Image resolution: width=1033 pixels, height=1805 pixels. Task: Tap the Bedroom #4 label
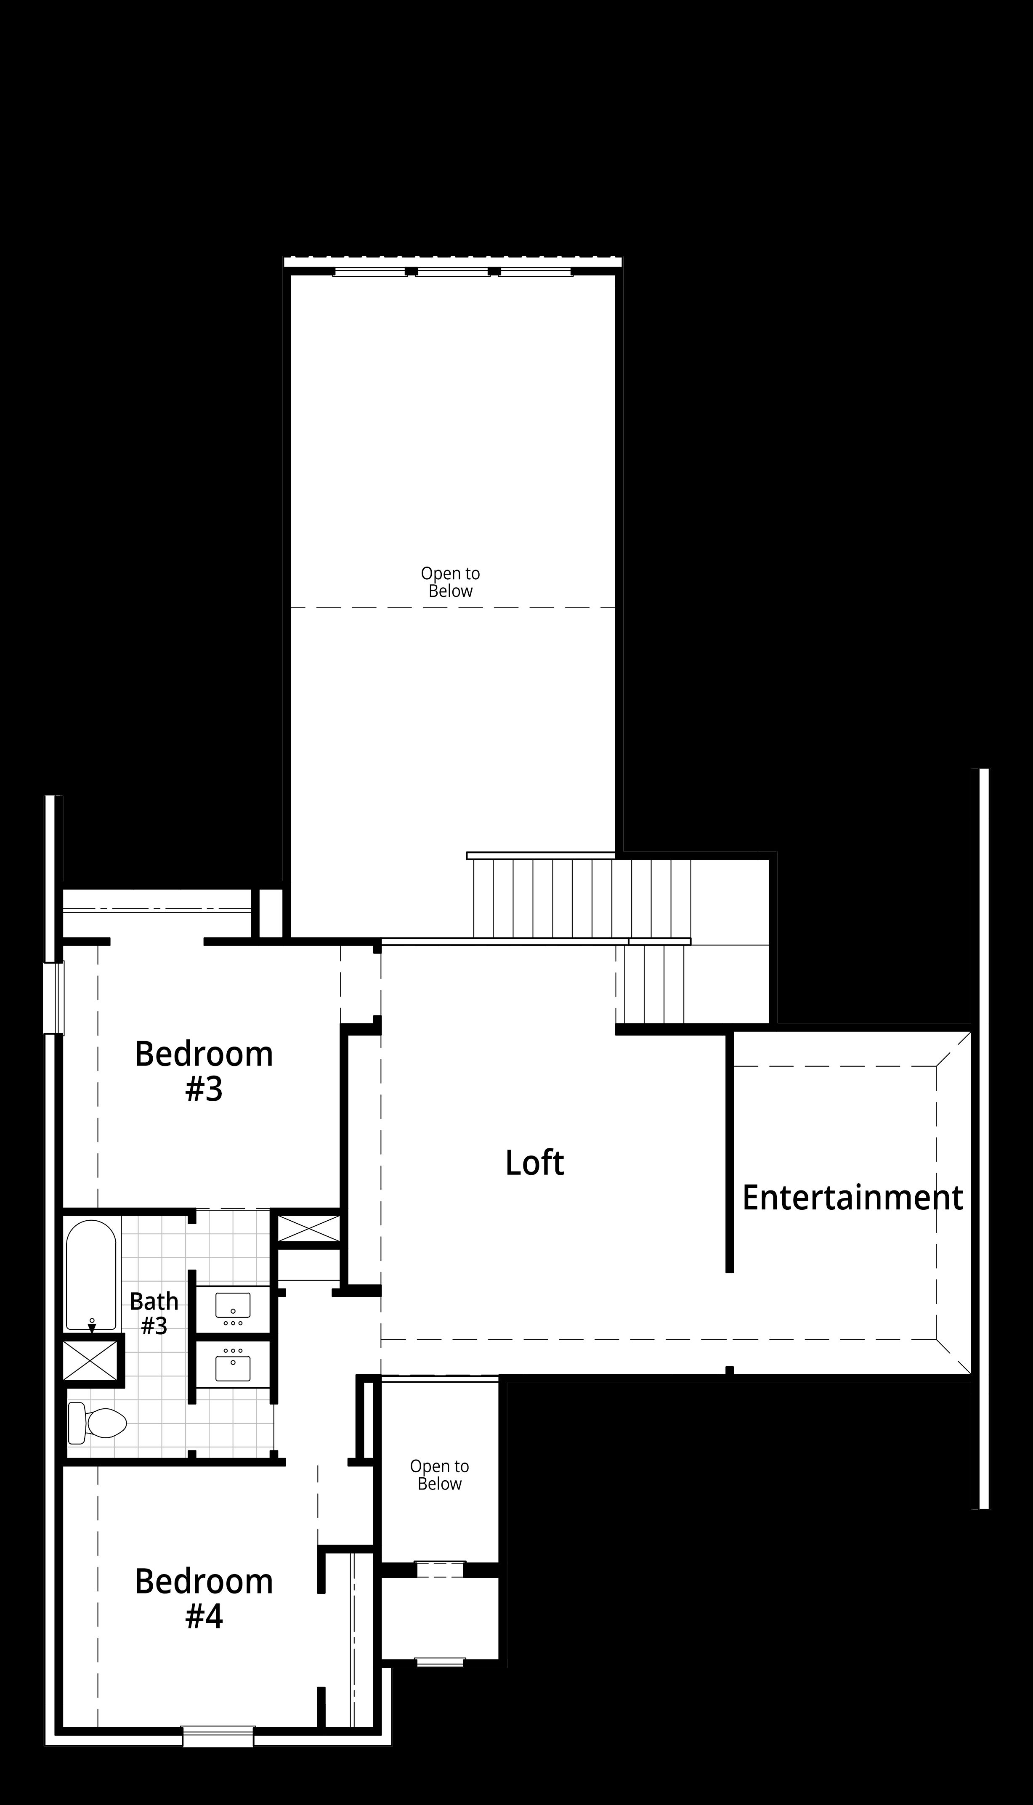(204, 1599)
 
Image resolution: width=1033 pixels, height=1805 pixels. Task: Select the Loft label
(534, 1163)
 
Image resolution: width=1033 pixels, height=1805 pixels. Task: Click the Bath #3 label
(154, 1314)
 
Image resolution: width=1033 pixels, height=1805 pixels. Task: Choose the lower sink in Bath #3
(233, 1365)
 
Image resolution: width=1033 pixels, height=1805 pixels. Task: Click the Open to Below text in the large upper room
(451, 582)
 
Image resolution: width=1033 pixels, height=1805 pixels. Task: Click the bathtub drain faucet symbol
(92, 1325)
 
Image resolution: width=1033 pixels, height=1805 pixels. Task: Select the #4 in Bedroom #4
(204, 1617)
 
